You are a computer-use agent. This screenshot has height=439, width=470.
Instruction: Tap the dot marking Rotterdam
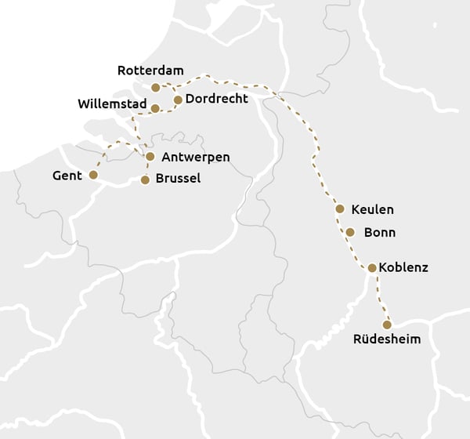(156, 87)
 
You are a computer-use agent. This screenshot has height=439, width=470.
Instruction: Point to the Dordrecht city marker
(178, 100)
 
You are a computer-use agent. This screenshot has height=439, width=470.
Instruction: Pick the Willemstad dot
(155, 108)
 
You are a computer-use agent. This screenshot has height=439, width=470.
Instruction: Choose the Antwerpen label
(195, 157)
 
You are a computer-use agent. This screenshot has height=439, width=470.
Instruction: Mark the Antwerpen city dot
(150, 156)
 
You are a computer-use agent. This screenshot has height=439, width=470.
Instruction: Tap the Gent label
(67, 176)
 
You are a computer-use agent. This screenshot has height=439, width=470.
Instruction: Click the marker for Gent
(93, 175)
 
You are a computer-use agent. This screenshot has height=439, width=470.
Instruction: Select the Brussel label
(178, 179)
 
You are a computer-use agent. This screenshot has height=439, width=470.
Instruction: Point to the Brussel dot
(145, 180)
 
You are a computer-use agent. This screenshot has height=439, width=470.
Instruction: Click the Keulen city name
(373, 210)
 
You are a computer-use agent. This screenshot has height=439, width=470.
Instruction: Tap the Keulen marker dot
(339, 209)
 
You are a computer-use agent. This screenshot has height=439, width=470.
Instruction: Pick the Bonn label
(380, 233)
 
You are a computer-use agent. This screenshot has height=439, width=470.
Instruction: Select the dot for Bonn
(350, 232)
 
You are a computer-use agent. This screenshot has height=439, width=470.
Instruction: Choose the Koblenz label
(403, 267)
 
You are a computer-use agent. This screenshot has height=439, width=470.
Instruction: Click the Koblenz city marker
(372, 268)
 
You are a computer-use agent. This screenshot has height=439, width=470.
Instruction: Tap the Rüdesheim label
(387, 339)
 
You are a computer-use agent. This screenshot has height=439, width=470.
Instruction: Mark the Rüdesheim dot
(386, 325)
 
